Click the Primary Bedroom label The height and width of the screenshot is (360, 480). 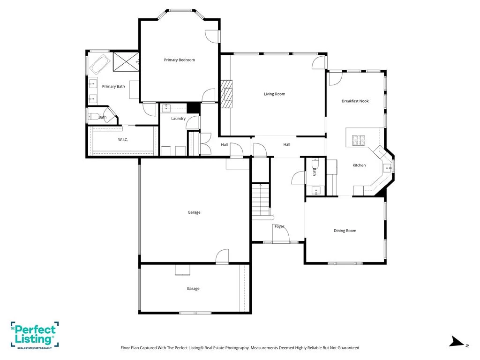(180, 60)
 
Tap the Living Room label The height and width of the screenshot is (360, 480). (275, 94)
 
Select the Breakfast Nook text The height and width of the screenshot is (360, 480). (355, 101)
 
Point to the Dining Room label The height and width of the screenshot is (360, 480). (345, 231)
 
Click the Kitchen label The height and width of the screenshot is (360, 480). (359, 165)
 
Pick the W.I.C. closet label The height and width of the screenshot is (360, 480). (123, 140)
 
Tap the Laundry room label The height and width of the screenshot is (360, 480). (179, 119)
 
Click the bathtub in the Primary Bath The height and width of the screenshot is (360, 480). (100, 64)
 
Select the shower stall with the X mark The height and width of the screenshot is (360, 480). (126, 61)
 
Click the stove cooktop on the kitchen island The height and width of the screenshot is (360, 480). (359, 140)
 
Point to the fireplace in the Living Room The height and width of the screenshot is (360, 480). (226, 94)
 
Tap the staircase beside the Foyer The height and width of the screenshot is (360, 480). (261, 201)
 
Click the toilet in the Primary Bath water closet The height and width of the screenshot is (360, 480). (94, 116)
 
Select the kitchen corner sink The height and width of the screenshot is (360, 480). (387, 168)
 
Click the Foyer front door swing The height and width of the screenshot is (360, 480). (281, 233)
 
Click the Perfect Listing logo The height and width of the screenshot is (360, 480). (35, 335)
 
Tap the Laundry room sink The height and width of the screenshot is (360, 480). (166, 108)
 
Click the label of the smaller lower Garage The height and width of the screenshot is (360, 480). (193, 289)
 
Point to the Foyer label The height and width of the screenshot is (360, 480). (279, 226)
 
